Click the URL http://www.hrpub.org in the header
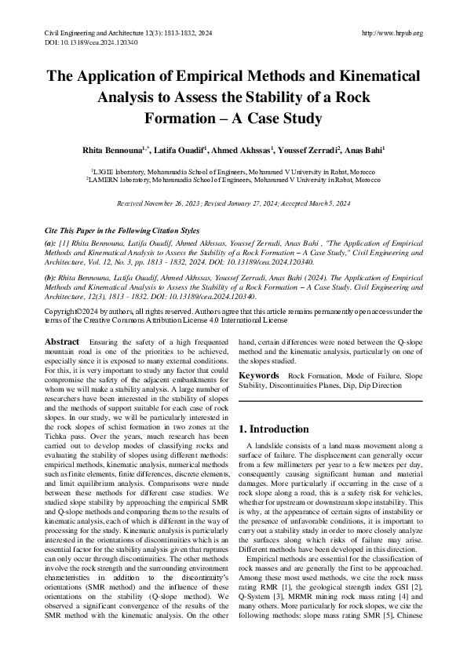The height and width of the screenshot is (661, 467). pos(392,33)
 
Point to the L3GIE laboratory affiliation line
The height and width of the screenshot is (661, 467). pos(233,171)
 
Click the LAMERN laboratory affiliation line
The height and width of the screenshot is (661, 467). pos(233,180)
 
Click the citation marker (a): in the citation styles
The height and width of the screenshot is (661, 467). pos(51,245)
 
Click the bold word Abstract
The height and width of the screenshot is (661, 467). pos(62,342)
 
